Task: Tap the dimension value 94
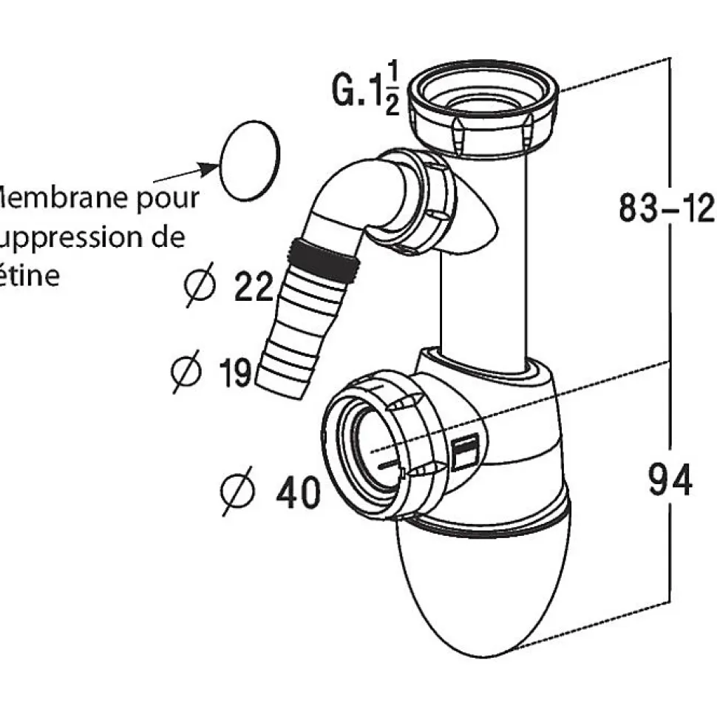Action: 670,480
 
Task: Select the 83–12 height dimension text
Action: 665,209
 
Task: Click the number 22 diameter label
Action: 254,287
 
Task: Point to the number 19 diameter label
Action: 237,372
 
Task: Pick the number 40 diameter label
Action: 298,492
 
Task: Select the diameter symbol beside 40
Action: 238,492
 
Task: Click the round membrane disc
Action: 251,160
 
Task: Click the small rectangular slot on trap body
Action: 466,451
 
